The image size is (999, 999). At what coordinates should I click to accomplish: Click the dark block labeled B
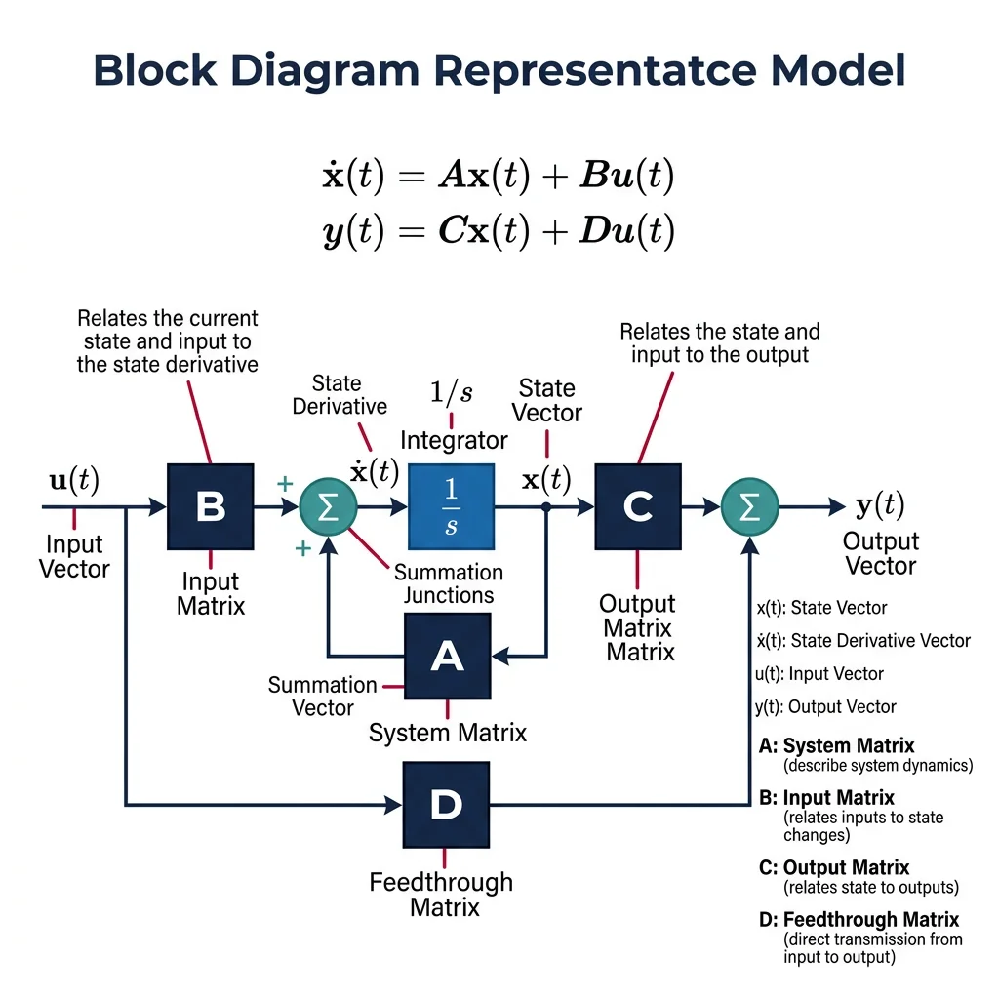211,506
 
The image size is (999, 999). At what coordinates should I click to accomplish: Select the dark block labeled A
447,657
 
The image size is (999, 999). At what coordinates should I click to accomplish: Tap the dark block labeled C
637,506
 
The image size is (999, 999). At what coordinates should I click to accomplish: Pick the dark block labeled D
447,805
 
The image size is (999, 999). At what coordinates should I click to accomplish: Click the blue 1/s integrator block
451,506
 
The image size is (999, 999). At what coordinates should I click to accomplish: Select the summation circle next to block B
329,507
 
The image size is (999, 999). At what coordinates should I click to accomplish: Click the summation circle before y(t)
750,507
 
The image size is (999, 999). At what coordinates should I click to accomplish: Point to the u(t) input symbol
74,479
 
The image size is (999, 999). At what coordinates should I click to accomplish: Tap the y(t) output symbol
879,505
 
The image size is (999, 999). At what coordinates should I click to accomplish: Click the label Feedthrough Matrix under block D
441,895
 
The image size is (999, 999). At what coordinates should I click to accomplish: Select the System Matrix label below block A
448,732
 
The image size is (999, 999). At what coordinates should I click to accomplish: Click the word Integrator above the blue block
454,440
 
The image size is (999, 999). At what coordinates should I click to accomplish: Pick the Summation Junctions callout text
449,583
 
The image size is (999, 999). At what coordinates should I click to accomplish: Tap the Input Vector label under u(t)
74,557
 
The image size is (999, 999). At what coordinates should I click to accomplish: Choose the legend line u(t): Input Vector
819,674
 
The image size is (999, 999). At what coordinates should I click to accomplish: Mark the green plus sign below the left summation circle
302,549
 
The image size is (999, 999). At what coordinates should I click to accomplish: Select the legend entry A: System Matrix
836,746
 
